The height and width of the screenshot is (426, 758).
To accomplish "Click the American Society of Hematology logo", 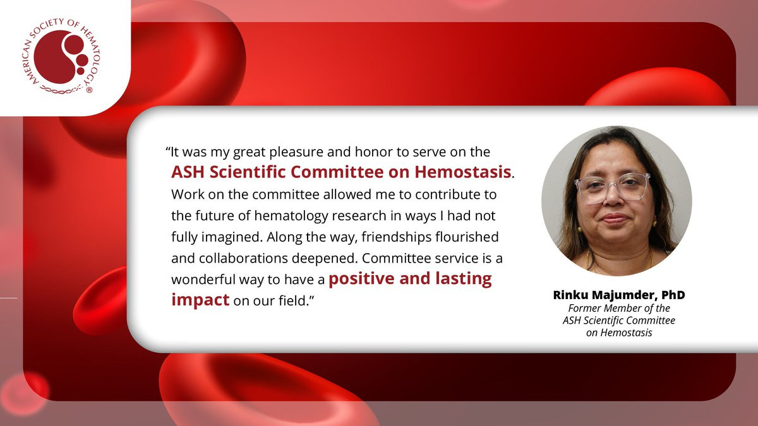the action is coord(61,56).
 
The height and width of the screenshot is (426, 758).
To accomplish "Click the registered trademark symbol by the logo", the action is coord(89,90).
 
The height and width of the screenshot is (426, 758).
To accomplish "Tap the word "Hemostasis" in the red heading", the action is coord(463,172).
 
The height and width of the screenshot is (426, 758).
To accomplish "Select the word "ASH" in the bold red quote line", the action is coord(188,172).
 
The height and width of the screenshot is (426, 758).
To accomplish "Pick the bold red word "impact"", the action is coord(200,300).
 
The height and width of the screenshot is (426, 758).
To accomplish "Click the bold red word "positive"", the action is coord(361,279).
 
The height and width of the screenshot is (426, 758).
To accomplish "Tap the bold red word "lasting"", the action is coord(463,278).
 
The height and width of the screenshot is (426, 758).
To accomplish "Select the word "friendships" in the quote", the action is coord(396,237).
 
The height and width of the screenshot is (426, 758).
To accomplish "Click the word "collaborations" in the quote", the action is coord(243,258).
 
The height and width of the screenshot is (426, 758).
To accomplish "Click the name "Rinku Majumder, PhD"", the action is coord(619,295).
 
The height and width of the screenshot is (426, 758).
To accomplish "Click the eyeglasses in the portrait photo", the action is coord(612,188).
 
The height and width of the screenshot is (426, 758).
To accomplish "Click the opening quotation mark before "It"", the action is coord(168,149).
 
